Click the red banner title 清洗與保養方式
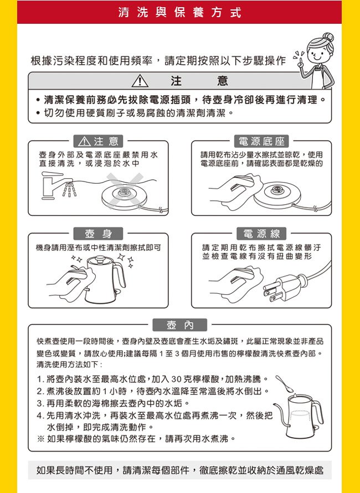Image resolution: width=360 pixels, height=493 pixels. click(179, 13)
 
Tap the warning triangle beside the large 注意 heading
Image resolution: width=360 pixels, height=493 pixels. click(140, 81)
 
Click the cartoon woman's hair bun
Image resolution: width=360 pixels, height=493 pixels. click(328, 37)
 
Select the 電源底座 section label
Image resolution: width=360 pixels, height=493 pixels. click(261, 142)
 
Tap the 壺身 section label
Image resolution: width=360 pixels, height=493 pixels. click(98, 233)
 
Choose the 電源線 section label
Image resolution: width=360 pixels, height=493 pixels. click(261, 233)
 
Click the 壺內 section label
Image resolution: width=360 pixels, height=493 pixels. click(180, 325)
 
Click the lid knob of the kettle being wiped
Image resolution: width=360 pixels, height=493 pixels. click(100, 259)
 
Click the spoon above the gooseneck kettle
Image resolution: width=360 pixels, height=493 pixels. click(284, 383)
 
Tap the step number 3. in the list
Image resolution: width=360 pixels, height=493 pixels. click(40, 403)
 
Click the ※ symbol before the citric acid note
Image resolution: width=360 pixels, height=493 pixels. click(40, 439)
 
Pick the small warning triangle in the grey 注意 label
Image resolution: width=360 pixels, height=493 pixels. click(84, 142)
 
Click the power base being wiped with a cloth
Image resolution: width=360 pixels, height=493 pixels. click(277, 195)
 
